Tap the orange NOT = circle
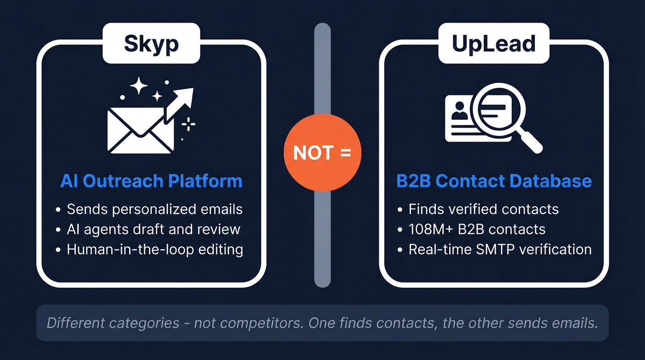click(322, 153)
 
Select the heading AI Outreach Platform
click(151, 181)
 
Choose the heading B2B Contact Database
click(494, 181)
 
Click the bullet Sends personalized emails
click(154, 209)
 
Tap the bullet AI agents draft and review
click(153, 229)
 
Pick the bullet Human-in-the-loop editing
click(155, 249)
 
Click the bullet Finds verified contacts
click(483, 209)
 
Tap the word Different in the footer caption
click(78, 323)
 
